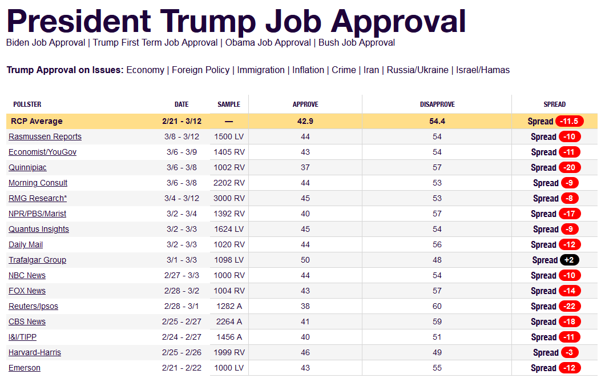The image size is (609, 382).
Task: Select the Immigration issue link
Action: [x=261, y=70]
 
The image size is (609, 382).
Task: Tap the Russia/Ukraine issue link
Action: [x=418, y=70]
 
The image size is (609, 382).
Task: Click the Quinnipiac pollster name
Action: [x=27, y=168]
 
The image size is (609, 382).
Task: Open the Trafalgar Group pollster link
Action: [x=37, y=260]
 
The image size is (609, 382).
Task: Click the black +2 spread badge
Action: [x=569, y=260]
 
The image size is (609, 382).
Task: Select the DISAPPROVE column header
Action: [x=437, y=104]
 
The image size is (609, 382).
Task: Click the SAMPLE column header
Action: [x=229, y=104]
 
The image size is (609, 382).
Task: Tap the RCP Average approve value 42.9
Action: [x=305, y=122]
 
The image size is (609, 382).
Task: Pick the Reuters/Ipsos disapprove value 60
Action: [x=437, y=307]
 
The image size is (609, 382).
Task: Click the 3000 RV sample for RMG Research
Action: [x=229, y=199]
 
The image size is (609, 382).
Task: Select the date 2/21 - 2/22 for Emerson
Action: [x=182, y=368]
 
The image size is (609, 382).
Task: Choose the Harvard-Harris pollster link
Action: [x=35, y=353]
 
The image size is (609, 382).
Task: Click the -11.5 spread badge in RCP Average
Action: [x=570, y=122]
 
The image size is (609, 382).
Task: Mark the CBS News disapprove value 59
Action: [x=437, y=322]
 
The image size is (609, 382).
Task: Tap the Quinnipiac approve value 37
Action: [x=305, y=168]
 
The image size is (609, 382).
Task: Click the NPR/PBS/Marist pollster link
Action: [x=37, y=214]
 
